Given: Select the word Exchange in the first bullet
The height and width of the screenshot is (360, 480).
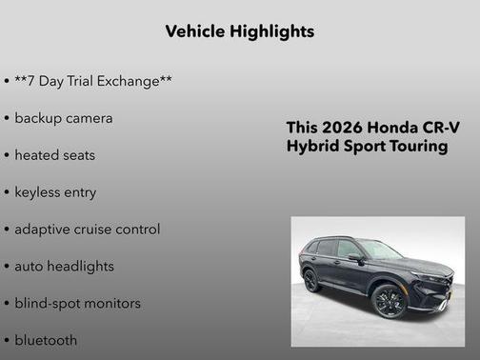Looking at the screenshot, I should (x=132, y=81).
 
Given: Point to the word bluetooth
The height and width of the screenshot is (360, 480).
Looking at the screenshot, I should (x=46, y=340).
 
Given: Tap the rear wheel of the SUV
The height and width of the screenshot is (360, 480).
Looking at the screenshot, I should (x=311, y=280).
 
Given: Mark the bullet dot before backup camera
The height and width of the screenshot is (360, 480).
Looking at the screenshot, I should (x=8, y=118).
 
